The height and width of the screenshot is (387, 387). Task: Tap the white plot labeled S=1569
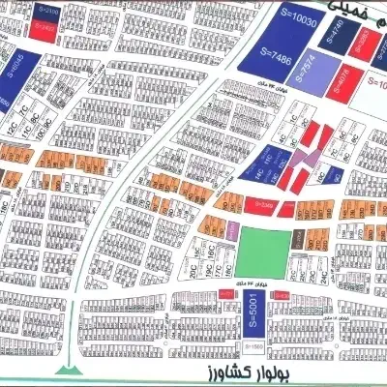[253, 345]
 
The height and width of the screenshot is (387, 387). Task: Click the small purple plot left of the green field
[235, 229]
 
